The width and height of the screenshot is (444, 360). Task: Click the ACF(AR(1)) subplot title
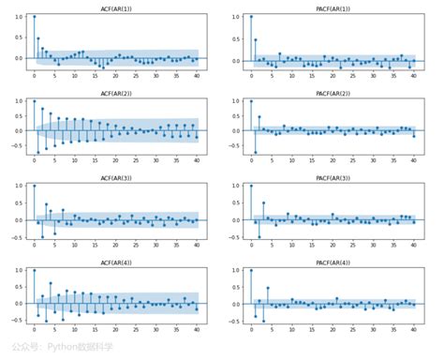pos(115,8)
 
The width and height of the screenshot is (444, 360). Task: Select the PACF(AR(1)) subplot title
pos(332,8)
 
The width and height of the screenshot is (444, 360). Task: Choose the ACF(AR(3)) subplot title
pos(115,177)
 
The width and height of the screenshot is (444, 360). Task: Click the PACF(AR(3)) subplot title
pos(332,177)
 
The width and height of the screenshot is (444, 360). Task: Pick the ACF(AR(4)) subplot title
pos(115,262)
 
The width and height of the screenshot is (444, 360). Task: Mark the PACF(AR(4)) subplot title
pos(332,262)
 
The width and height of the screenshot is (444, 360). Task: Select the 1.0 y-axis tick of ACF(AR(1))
pos(19,17)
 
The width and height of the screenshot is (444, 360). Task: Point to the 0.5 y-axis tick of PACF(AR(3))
pos(235,202)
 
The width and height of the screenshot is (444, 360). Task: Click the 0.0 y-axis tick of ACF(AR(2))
pos(19,131)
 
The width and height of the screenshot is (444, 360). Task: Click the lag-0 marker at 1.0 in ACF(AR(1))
pos(34,17)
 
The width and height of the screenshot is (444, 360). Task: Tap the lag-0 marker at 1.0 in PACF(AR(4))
pos(250,270)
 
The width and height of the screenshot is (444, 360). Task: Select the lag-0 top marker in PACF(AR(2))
pos(250,101)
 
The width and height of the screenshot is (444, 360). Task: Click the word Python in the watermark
pos(65,347)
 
